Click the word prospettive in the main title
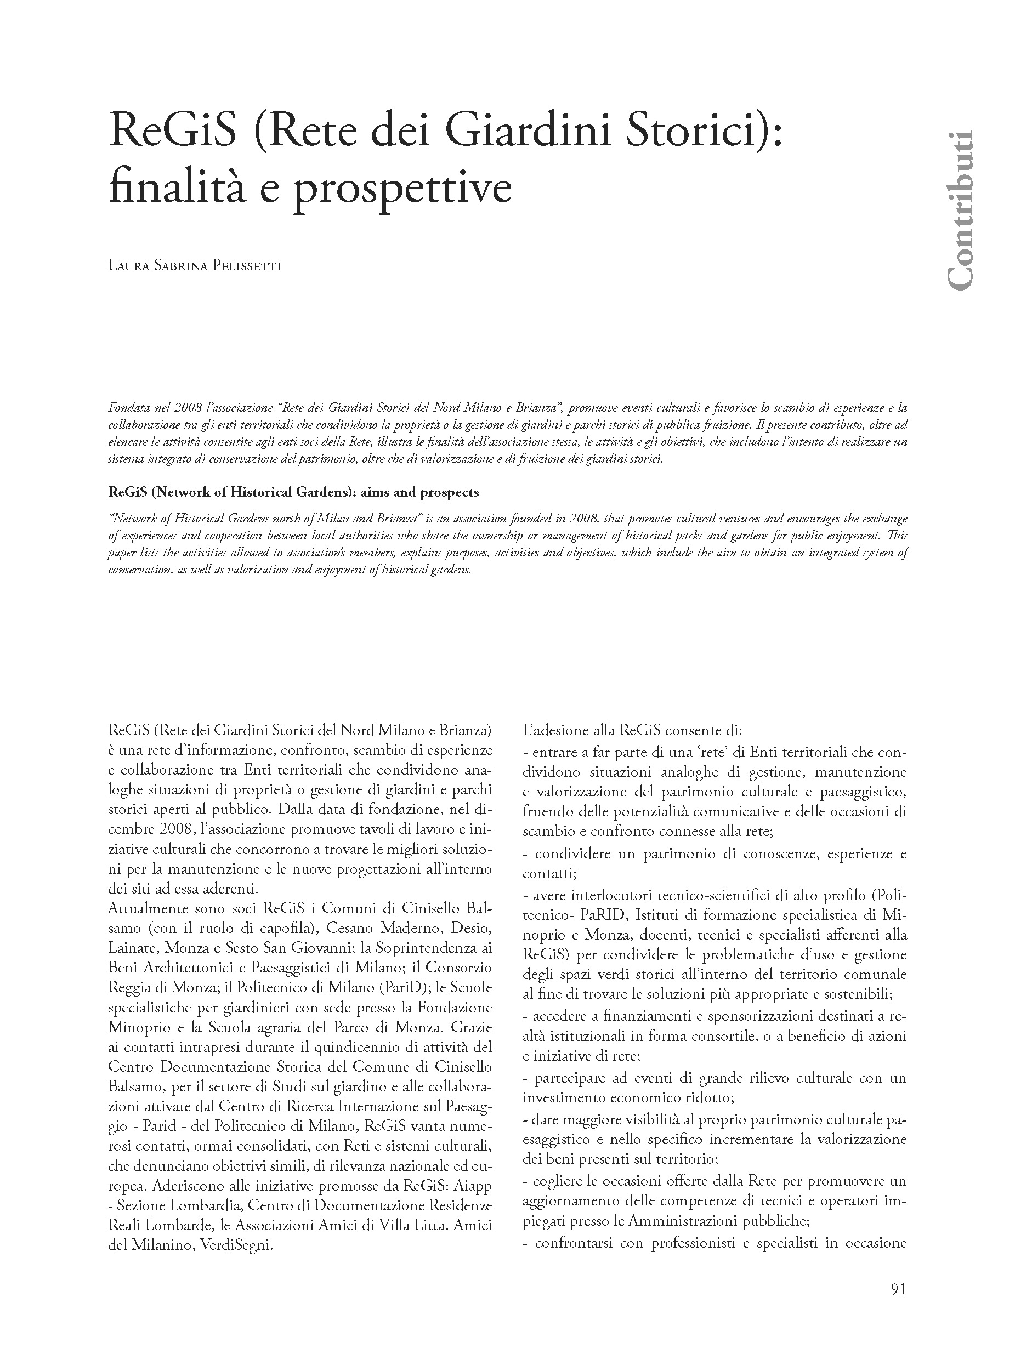click(x=402, y=187)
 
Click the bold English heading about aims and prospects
click(x=293, y=492)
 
